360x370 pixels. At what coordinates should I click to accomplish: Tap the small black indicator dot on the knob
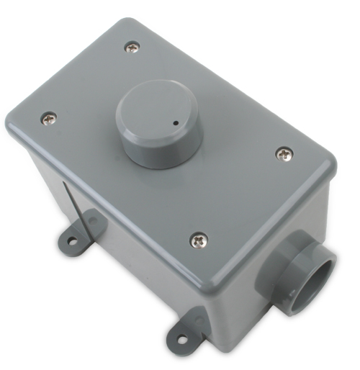point(175,124)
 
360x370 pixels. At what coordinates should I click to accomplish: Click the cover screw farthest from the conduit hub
point(131,47)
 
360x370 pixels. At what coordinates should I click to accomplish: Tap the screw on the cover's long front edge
point(197,238)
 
